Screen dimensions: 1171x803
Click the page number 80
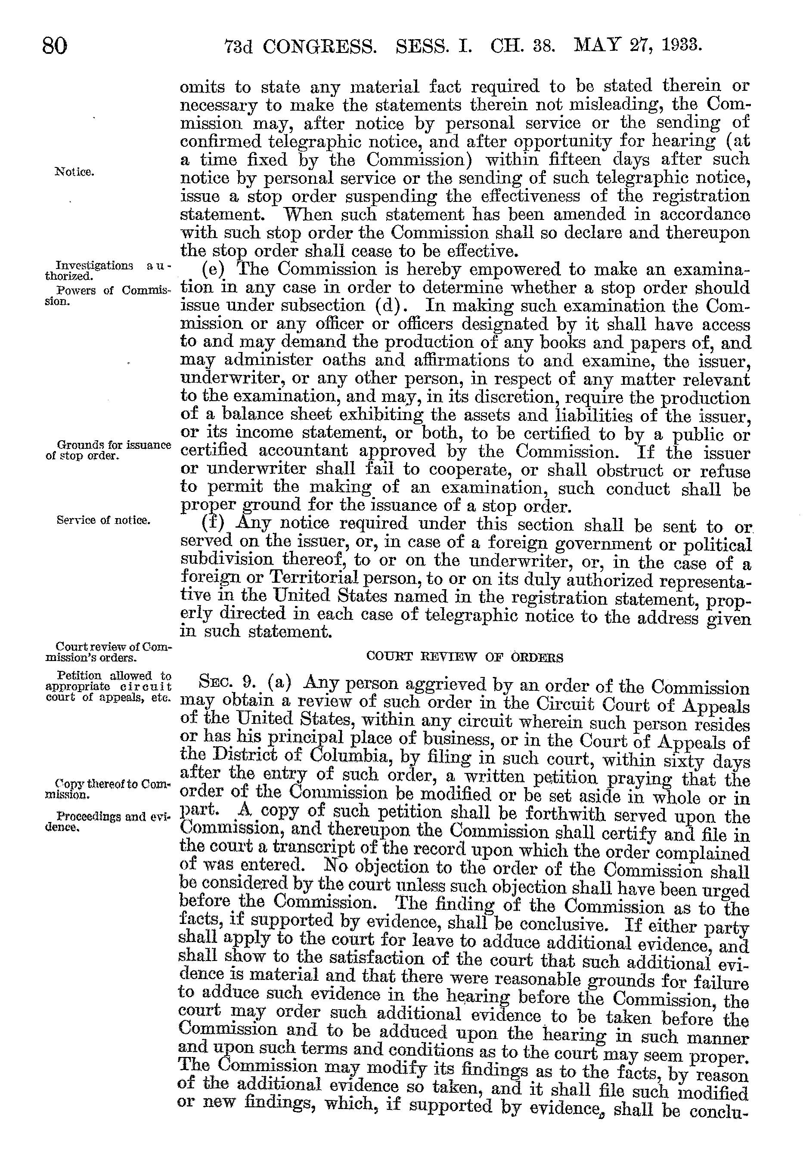(x=54, y=46)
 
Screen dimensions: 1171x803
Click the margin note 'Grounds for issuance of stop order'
(x=108, y=450)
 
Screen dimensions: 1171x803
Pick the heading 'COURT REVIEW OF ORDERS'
(x=464, y=657)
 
